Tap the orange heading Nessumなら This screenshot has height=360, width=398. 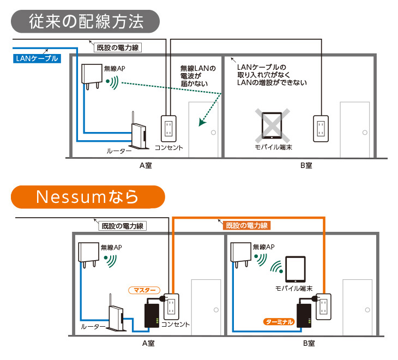(x=87, y=197)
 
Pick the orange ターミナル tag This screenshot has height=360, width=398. (x=279, y=322)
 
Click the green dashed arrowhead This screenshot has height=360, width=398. (x=203, y=123)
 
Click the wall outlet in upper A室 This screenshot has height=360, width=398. (x=168, y=129)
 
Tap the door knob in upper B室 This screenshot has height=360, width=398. (x=365, y=133)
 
